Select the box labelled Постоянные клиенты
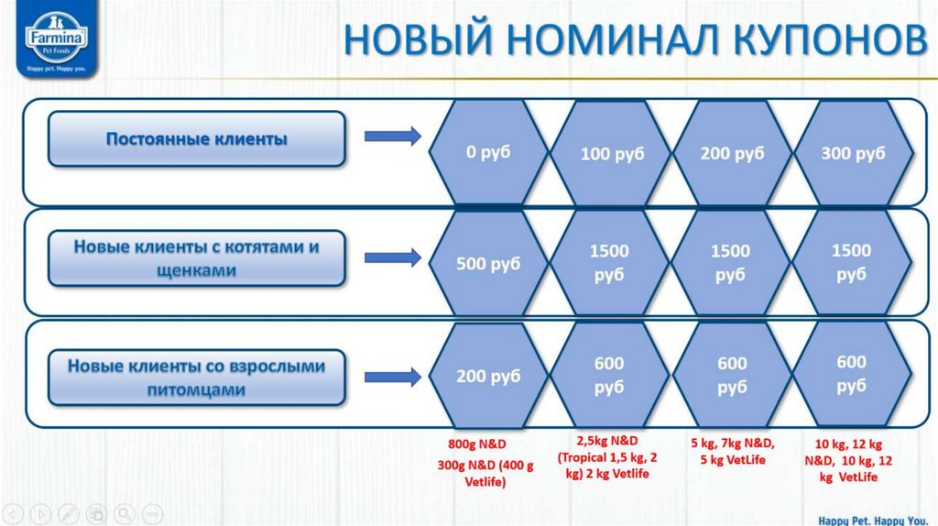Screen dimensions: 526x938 [196, 139]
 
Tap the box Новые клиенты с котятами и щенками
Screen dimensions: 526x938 [196, 258]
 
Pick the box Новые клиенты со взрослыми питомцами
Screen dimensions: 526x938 [196, 377]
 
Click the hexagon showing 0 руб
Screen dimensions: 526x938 [487, 152]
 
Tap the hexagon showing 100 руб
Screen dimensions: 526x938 [611, 153]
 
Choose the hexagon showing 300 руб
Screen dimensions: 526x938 [853, 153]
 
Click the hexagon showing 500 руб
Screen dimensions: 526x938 [487, 264]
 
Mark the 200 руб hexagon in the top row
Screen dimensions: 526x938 [732, 153]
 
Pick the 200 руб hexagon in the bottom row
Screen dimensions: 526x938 [487, 376]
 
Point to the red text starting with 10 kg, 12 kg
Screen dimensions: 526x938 [853, 461]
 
